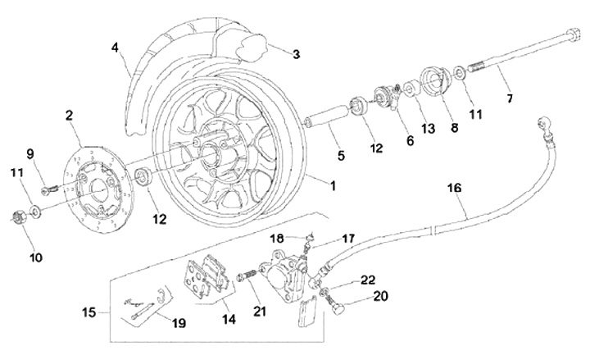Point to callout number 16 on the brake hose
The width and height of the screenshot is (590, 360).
pos(454,189)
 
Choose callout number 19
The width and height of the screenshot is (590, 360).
pos(179,323)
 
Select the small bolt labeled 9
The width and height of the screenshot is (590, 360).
pos(48,187)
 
